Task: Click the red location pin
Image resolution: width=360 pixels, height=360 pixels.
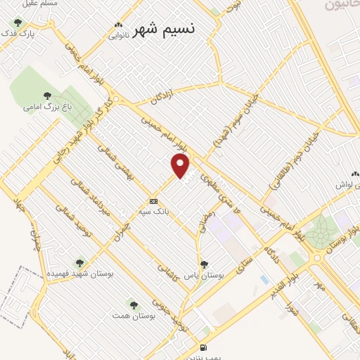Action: [x=181, y=165]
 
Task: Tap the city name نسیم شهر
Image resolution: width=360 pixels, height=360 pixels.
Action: [x=165, y=30]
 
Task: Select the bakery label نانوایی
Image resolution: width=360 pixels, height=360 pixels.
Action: [x=118, y=37]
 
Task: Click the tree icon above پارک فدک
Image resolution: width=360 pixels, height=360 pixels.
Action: [x=18, y=23]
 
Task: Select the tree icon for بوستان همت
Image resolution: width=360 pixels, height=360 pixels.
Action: [x=131, y=304]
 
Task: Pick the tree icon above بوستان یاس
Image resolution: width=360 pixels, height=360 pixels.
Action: [x=204, y=265]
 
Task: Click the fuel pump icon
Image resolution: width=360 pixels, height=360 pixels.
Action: [x=203, y=347]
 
